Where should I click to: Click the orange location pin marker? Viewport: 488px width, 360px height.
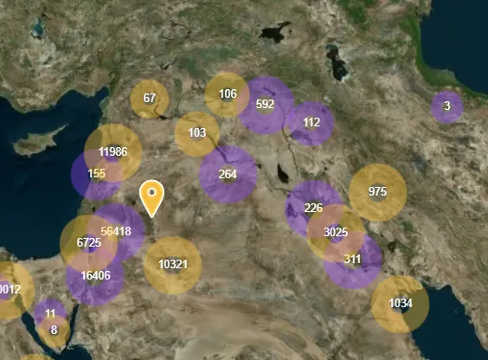click(x=152, y=196)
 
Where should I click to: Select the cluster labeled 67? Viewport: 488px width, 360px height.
click(x=150, y=99)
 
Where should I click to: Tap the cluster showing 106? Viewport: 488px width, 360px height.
click(x=228, y=94)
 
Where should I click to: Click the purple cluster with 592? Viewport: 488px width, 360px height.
click(x=266, y=105)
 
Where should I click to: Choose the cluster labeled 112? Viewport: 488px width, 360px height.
click(x=311, y=122)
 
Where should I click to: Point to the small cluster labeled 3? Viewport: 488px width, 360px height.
click(x=446, y=106)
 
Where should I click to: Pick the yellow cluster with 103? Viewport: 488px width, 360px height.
click(x=197, y=133)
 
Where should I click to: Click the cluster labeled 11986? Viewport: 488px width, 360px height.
click(x=113, y=152)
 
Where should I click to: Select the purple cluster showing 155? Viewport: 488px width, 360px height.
click(x=96, y=174)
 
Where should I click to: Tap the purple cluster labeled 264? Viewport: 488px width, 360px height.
click(x=228, y=174)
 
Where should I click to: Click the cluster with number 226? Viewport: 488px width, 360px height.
click(x=313, y=208)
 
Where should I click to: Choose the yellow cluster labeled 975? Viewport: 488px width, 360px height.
click(x=377, y=192)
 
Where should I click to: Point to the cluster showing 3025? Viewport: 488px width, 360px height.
click(x=336, y=233)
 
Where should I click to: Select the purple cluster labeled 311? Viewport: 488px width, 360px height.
click(x=353, y=259)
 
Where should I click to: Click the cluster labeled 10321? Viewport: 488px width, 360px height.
click(x=172, y=265)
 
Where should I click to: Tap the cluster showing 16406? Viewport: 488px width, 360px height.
click(x=94, y=276)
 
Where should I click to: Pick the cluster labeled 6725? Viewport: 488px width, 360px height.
click(x=88, y=243)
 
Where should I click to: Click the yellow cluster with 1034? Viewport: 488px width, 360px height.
click(x=400, y=304)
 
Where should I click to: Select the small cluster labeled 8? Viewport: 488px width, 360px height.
click(x=54, y=330)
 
